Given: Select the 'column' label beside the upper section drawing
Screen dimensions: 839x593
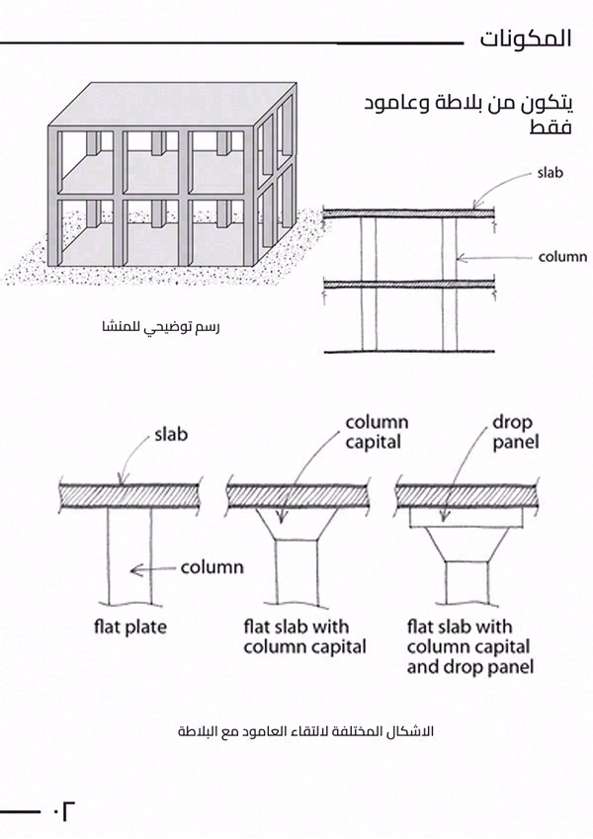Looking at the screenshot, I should (561, 257).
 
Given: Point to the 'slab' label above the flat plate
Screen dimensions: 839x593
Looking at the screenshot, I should (170, 434).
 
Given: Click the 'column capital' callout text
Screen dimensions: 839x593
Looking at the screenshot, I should (376, 432).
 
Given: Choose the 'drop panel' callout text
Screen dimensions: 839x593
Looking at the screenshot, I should (515, 432).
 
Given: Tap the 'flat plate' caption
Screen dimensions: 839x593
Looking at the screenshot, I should (130, 627).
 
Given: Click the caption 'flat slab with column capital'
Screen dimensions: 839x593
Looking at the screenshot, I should (304, 637).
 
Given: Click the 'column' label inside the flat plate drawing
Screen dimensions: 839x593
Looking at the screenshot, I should (212, 568).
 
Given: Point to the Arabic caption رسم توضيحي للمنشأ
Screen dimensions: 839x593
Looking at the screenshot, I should (161, 326).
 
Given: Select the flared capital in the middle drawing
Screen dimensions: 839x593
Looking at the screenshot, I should (297, 525).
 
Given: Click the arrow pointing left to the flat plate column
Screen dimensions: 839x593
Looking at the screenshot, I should (154, 569).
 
